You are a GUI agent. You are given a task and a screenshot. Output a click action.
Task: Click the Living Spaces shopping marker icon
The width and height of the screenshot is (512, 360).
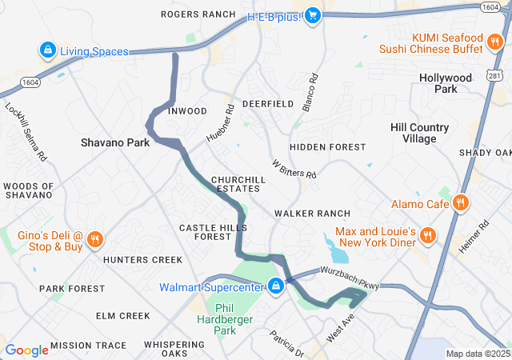pos(48,51)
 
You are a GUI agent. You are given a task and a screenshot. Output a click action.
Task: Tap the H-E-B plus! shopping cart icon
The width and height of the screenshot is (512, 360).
pos(313,14)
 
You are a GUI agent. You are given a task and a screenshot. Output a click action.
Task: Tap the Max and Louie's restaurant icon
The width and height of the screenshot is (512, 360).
pos(428,235)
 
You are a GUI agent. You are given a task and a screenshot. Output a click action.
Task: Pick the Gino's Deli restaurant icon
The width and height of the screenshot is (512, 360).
pos(94,239)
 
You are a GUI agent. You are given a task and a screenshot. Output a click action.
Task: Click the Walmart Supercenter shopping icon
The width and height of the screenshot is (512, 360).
pos(276,286)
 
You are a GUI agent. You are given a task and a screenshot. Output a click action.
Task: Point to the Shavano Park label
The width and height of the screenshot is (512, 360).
pos(115,142)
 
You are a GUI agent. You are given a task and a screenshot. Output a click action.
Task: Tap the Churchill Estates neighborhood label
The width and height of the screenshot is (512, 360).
pos(235,184)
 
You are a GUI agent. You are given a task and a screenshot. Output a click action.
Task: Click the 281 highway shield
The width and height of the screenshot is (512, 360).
pos(495,74)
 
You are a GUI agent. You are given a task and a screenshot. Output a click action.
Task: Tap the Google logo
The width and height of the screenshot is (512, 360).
pos(26,350)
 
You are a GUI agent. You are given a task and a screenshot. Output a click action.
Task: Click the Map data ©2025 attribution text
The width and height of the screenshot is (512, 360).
pos(477,354)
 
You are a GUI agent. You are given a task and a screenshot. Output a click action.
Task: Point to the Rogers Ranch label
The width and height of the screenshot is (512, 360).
pos(198,14)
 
